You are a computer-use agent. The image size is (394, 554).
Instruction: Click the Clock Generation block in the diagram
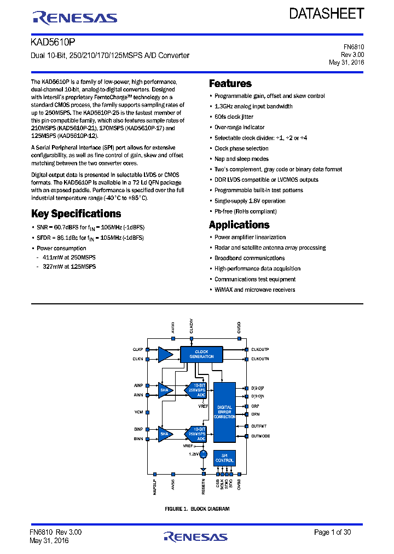201,354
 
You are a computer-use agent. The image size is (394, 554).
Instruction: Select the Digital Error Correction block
224,412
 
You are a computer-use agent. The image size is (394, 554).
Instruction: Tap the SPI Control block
224,458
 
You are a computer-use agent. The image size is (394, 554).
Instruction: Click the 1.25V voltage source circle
203,454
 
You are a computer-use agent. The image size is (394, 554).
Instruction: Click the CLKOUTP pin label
260,349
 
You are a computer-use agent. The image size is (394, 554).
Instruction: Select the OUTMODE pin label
260,436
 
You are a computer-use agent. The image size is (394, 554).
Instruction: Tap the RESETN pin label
203,486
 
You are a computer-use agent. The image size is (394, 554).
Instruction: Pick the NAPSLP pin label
155,487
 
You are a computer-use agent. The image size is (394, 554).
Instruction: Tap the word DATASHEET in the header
327,14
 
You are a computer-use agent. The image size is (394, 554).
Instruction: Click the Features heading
230,84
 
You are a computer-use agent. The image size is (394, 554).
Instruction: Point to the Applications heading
239,224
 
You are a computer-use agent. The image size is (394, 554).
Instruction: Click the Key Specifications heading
76,213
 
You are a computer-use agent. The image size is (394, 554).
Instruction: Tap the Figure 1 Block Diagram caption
197,509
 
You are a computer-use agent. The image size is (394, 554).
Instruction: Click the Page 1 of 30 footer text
332,532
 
